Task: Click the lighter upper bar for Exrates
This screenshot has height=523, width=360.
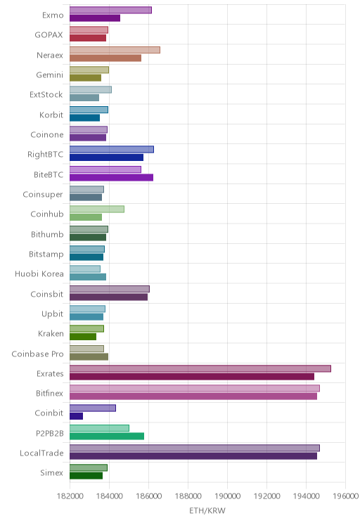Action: (200, 368)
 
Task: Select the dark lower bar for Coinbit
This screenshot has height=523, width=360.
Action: (76, 416)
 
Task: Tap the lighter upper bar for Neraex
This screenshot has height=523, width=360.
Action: (115, 50)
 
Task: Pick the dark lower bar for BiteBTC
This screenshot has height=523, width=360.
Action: (111, 177)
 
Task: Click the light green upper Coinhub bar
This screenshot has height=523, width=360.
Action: (97, 209)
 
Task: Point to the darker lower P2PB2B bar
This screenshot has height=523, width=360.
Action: (107, 436)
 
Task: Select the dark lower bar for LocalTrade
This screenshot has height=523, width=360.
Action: (193, 456)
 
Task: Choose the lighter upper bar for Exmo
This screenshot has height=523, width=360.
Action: (110, 10)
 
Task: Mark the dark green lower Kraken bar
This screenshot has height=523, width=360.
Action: (83, 337)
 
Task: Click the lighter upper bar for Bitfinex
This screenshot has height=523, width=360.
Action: (195, 388)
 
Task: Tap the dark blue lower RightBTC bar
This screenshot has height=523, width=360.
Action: (106, 157)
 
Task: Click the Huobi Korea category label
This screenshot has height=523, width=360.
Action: (39, 274)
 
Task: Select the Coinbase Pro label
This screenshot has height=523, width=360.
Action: (37, 354)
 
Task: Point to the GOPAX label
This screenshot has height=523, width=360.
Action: (49, 35)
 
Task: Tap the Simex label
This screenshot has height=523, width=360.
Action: (51, 472)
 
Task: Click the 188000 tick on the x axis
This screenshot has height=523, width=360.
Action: (188, 496)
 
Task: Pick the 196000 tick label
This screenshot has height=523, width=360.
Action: (345, 496)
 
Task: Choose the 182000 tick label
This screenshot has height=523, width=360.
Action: (70, 496)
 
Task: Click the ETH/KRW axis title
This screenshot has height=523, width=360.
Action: (207, 510)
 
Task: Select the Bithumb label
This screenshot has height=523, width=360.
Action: (47, 234)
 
